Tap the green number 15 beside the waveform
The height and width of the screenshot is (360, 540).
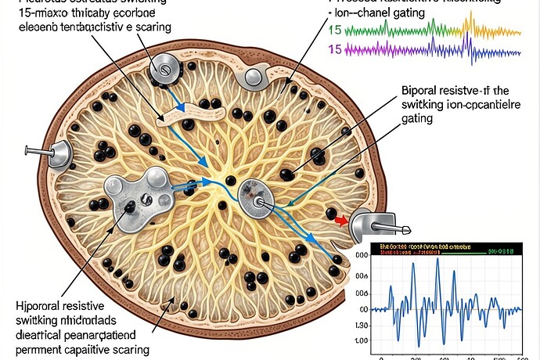click(335, 31)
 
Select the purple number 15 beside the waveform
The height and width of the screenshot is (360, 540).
click(335, 49)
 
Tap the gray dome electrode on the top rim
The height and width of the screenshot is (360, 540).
click(255, 76)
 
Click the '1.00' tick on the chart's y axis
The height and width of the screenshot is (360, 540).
click(361, 340)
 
